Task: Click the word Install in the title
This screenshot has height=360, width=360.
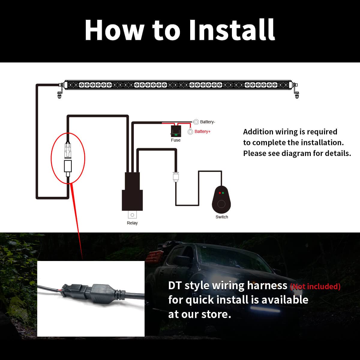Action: (232, 30)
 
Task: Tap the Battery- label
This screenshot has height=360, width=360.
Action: (208, 122)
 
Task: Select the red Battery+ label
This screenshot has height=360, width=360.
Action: (202, 131)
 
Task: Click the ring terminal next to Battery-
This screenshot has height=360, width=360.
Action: (196, 122)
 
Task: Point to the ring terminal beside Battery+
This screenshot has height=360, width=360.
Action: (190, 132)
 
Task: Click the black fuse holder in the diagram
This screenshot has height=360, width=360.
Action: (176, 131)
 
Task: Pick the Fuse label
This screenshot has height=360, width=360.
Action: (175, 140)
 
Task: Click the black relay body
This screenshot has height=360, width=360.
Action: (132, 191)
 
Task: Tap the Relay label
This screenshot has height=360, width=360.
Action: (132, 223)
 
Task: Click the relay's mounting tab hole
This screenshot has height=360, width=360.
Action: (132, 215)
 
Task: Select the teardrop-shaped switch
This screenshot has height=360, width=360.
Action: (221, 200)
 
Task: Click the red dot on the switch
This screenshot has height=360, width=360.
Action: (220, 193)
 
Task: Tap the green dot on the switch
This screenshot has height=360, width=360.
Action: (223, 193)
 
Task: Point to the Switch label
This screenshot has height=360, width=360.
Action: (222, 217)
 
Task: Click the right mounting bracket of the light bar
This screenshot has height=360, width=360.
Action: (296, 91)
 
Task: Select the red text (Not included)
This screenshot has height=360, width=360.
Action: (315, 286)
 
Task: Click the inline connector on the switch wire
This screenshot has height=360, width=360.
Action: (176, 177)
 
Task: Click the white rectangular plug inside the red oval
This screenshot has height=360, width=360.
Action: (68, 166)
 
